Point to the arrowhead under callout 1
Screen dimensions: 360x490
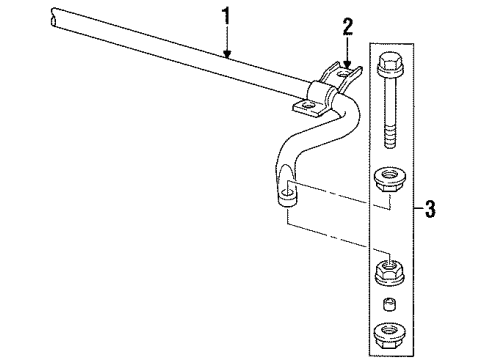click(x=229, y=54)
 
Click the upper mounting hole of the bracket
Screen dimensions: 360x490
click(x=345, y=72)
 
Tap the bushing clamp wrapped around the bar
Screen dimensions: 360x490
click(x=323, y=94)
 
